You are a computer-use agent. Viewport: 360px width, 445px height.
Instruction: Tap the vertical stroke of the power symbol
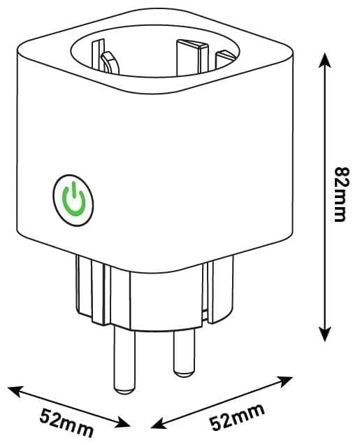(73, 190)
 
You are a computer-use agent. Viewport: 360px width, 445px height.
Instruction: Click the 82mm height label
(341, 195)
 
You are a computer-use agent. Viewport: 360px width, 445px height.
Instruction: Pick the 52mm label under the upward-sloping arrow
(237, 416)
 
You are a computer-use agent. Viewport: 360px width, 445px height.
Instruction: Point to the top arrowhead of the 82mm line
(325, 60)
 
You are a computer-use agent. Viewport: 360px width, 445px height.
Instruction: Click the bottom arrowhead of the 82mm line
(325, 334)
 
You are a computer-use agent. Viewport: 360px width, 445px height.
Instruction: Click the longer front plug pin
(124, 360)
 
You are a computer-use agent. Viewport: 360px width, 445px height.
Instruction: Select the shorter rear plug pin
(185, 352)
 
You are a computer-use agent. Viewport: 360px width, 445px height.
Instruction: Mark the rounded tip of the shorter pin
(185, 373)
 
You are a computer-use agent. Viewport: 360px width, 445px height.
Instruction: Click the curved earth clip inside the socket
(110, 62)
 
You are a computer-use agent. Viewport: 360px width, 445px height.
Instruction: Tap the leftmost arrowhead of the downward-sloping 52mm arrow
(15, 391)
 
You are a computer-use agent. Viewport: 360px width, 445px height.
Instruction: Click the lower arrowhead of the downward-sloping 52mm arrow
(122, 423)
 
